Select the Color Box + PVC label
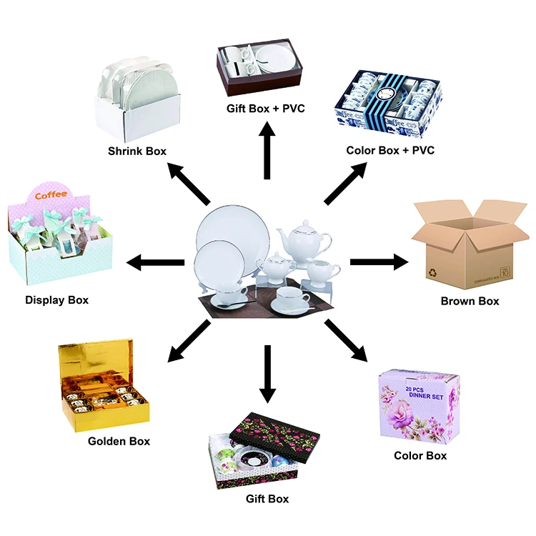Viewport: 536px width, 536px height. coord(390,150)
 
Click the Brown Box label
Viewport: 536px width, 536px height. coord(470,301)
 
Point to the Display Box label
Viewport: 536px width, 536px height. coord(56,299)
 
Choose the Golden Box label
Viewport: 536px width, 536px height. coord(119,441)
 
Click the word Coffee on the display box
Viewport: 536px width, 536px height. coord(50,194)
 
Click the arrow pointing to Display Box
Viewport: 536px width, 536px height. coord(155,262)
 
